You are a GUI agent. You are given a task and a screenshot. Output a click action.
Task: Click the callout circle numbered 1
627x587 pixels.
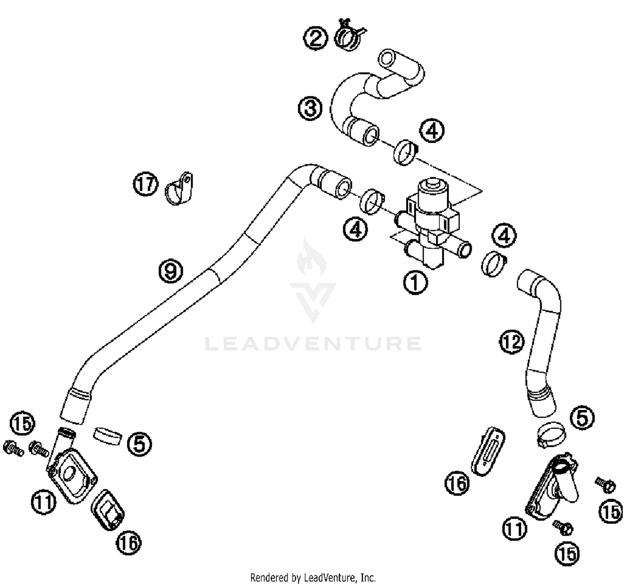pyautogui.click(x=415, y=283)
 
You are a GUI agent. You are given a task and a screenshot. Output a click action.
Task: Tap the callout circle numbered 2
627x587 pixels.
pyautogui.click(x=315, y=38)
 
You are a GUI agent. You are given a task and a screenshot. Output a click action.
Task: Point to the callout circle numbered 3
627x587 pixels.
pyautogui.click(x=310, y=109)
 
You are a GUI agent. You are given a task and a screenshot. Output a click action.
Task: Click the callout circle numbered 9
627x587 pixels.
pyautogui.click(x=171, y=271)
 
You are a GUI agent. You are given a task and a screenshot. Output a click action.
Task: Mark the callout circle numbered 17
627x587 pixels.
pyautogui.click(x=145, y=184)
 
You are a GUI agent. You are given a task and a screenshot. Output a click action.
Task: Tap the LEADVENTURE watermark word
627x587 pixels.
pyautogui.click(x=313, y=344)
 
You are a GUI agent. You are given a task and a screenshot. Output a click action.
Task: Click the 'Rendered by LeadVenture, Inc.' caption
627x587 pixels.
pyautogui.click(x=313, y=578)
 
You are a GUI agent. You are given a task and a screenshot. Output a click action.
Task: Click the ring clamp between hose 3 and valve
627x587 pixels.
pyautogui.click(x=405, y=152)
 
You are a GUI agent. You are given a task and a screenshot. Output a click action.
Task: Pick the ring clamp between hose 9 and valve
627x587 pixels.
pyautogui.click(x=372, y=201)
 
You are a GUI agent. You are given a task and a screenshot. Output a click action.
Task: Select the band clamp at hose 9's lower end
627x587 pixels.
pyautogui.click(x=107, y=436)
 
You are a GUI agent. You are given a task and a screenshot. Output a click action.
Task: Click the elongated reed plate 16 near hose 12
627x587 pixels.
pyautogui.click(x=489, y=451)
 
